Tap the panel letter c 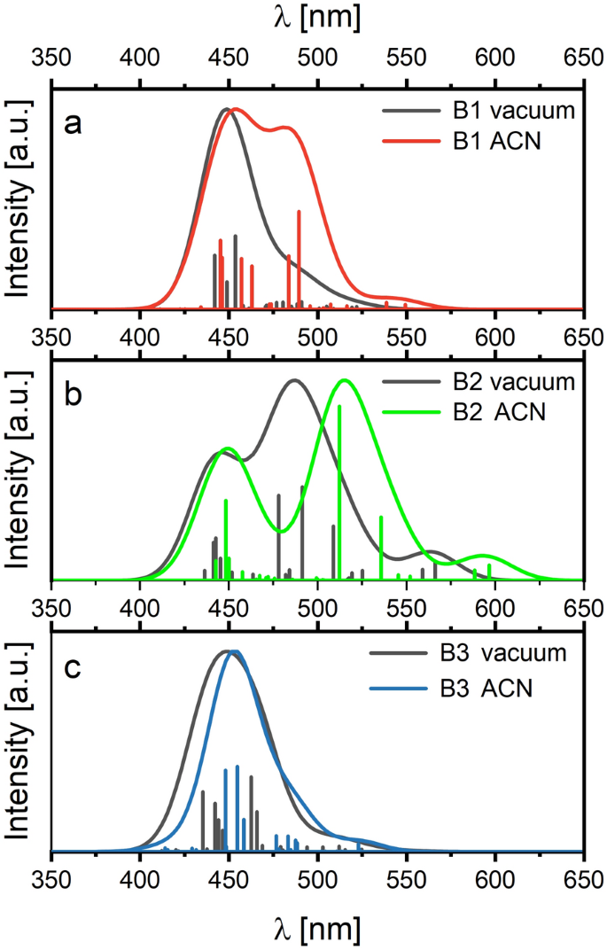click(x=74, y=666)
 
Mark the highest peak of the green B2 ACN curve click(x=345, y=380)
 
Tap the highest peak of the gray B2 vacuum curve click(x=294, y=380)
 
